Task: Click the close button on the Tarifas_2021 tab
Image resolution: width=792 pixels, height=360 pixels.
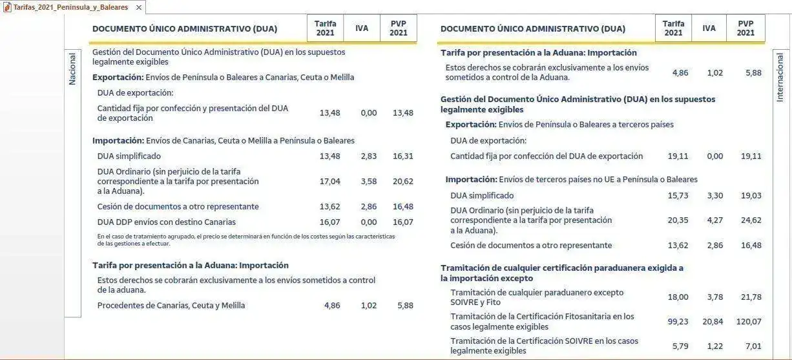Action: (x=139, y=8)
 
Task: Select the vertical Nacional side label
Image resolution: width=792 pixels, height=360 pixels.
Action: (x=72, y=69)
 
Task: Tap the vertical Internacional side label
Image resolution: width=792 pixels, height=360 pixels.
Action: (x=780, y=77)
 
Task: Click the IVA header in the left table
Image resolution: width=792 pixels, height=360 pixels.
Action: (x=362, y=28)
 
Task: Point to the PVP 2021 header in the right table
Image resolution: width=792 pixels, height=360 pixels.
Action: (x=745, y=28)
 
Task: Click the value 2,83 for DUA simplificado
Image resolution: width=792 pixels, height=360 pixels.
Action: (x=369, y=156)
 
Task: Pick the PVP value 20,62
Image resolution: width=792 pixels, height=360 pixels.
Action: (x=403, y=182)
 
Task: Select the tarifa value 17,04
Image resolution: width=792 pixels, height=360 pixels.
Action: (x=329, y=182)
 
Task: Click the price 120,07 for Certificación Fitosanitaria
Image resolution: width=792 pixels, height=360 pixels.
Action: (x=748, y=322)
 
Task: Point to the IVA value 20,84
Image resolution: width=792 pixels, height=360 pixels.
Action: (x=713, y=322)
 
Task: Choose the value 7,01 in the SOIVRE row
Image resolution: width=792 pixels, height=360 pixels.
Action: (x=753, y=346)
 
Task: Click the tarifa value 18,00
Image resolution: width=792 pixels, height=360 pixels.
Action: (x=678, y=297)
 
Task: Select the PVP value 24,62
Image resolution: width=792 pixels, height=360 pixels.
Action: (x=751, y=220)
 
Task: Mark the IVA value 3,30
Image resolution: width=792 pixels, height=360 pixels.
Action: (x=715, y=196)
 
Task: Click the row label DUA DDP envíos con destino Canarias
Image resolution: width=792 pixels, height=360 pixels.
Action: (x=166, y=222)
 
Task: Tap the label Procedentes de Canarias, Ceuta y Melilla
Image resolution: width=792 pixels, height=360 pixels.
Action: (x=171, y=306)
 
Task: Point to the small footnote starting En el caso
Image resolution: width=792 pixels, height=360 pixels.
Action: (x=245, y=240)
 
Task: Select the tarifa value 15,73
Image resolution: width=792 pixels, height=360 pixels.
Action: (x=678, y=196)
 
